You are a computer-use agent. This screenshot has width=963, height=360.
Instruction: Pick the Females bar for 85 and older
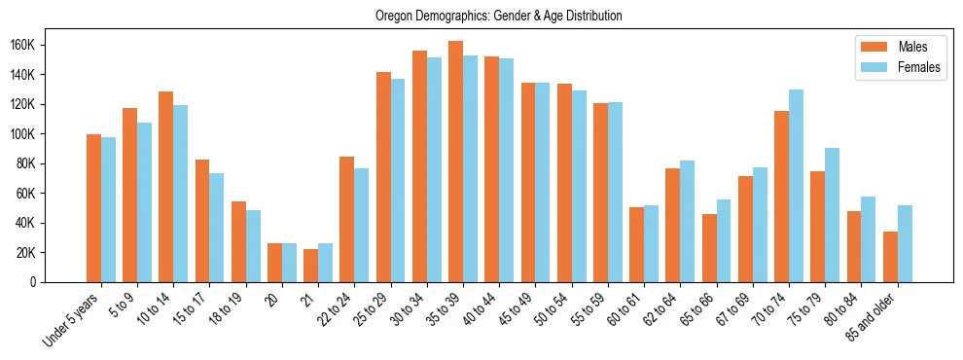tap(905, 243)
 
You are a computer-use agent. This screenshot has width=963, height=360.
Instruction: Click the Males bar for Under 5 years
tap(93, 208)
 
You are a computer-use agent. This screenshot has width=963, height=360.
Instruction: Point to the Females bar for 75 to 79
tap(832, 215)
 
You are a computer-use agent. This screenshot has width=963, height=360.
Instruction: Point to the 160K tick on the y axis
tap(51, 45)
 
